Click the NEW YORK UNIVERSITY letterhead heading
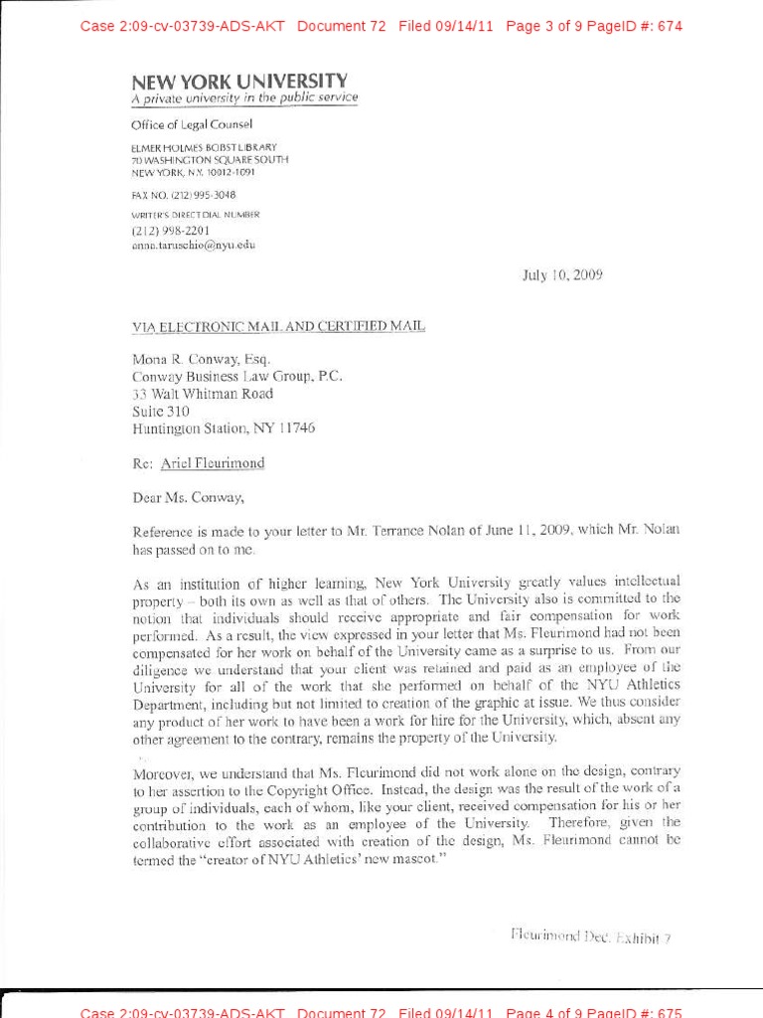tap(239, 81)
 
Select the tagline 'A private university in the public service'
tap(244, 98)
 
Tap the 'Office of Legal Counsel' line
tap(192, 124)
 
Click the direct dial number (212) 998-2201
tap(170, 230)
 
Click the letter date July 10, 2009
tap(561, 275)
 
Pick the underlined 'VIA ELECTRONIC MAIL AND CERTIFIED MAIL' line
tap(278, 327)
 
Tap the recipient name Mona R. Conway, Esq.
tap(201, 359)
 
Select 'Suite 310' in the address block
tap(161, 411)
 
